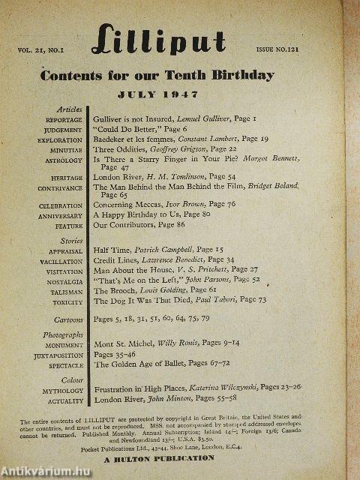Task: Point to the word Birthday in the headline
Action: coord(244,75)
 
